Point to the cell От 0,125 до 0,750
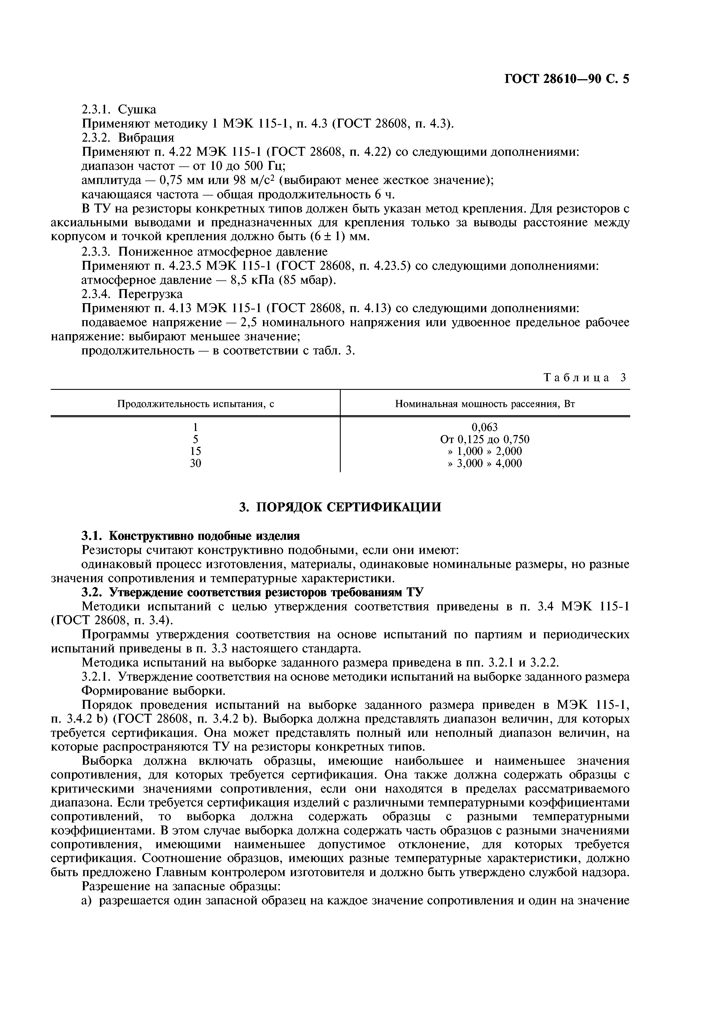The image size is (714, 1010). (x=484, y=439)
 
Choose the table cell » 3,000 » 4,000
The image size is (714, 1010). (x=484, y=463)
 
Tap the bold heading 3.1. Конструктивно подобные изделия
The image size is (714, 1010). (x=191, y=536)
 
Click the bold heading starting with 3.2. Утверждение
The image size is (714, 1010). (x=253, y=593)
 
